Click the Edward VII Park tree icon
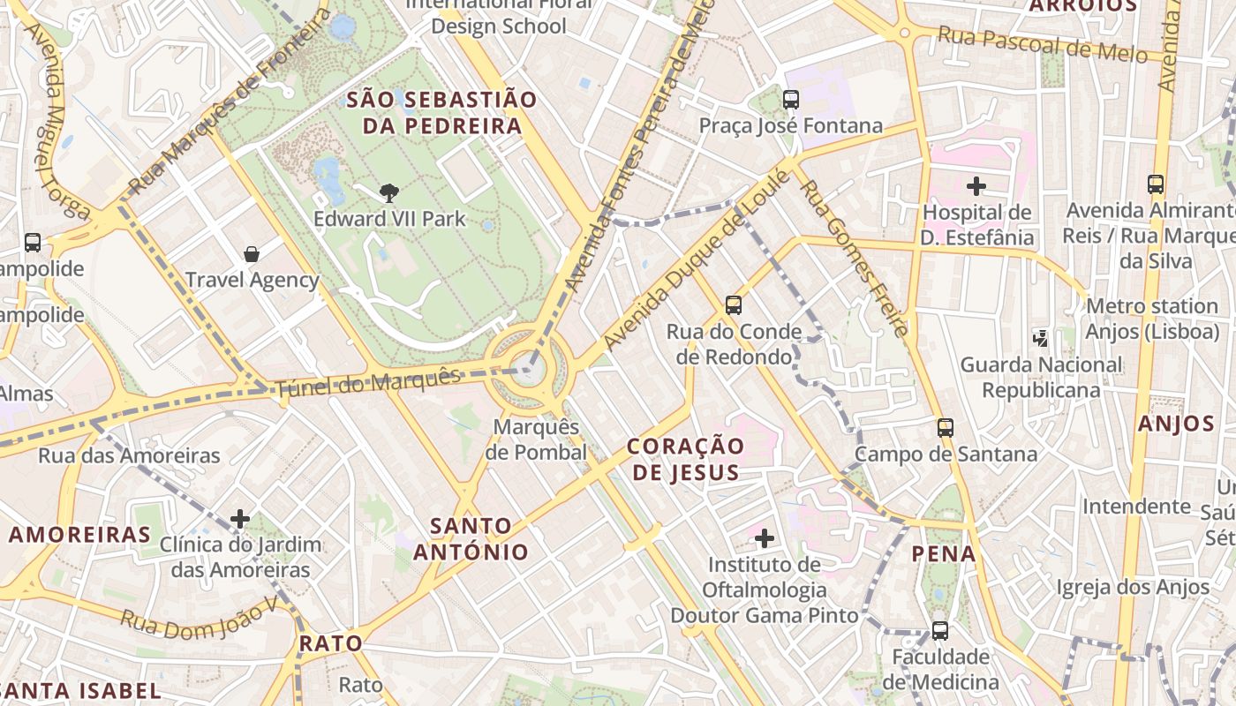[x=388, y=192]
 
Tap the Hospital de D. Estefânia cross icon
[x=976, y=186]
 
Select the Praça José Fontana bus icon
[x=791, y=100]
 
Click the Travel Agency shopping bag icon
[x=252, y=255]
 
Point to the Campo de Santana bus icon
[x=946, y=428]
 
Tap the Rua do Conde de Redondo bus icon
[x=733, y=305]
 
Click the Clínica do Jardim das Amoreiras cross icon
[x=239, y=518]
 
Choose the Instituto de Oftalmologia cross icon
[x=765, y=537]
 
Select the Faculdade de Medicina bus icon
[x=940, y=631]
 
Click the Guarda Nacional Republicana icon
[x=1041, y=337]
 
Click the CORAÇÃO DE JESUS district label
[x=685, y=459]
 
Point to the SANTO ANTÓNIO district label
[x=471, y=539]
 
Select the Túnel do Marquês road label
[x=368, y=383]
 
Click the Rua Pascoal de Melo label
[x=1042, y=45]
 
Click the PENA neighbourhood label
[x=944, y=554]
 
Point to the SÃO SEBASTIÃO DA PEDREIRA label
[x=441, y=112]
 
